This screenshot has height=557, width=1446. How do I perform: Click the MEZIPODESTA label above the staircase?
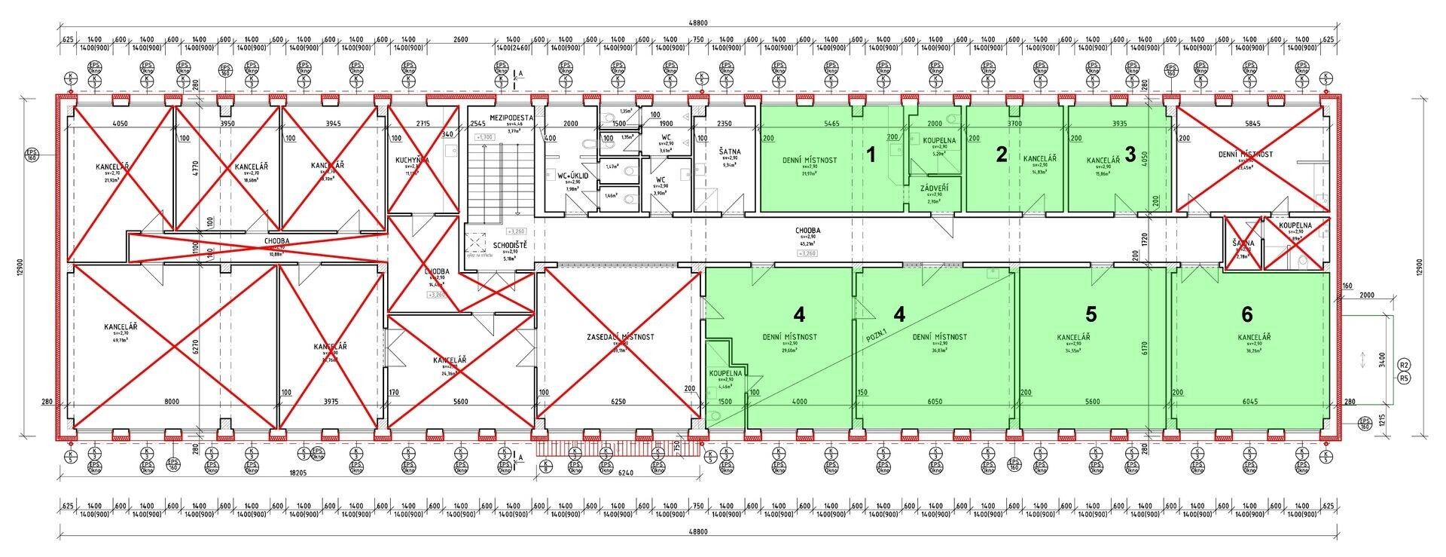(x=511, y=118)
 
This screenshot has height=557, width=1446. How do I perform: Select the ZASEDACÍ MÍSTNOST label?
(x=620, y=337)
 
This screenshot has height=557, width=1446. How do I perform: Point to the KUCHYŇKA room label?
(x=413, y=161)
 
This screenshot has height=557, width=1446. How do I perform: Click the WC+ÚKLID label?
(x=572, y=175)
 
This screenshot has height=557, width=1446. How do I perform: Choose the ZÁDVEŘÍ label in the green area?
(x=934, y=188)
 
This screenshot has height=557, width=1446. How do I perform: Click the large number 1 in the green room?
(x=871, y=155)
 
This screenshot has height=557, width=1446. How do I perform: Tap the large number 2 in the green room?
(x=1001, y=155)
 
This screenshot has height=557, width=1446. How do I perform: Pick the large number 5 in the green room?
(x=1091, y=312)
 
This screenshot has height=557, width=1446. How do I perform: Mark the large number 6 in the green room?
(x=1247, y=312)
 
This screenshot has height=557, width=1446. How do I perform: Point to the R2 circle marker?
(x=1403, y=365)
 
